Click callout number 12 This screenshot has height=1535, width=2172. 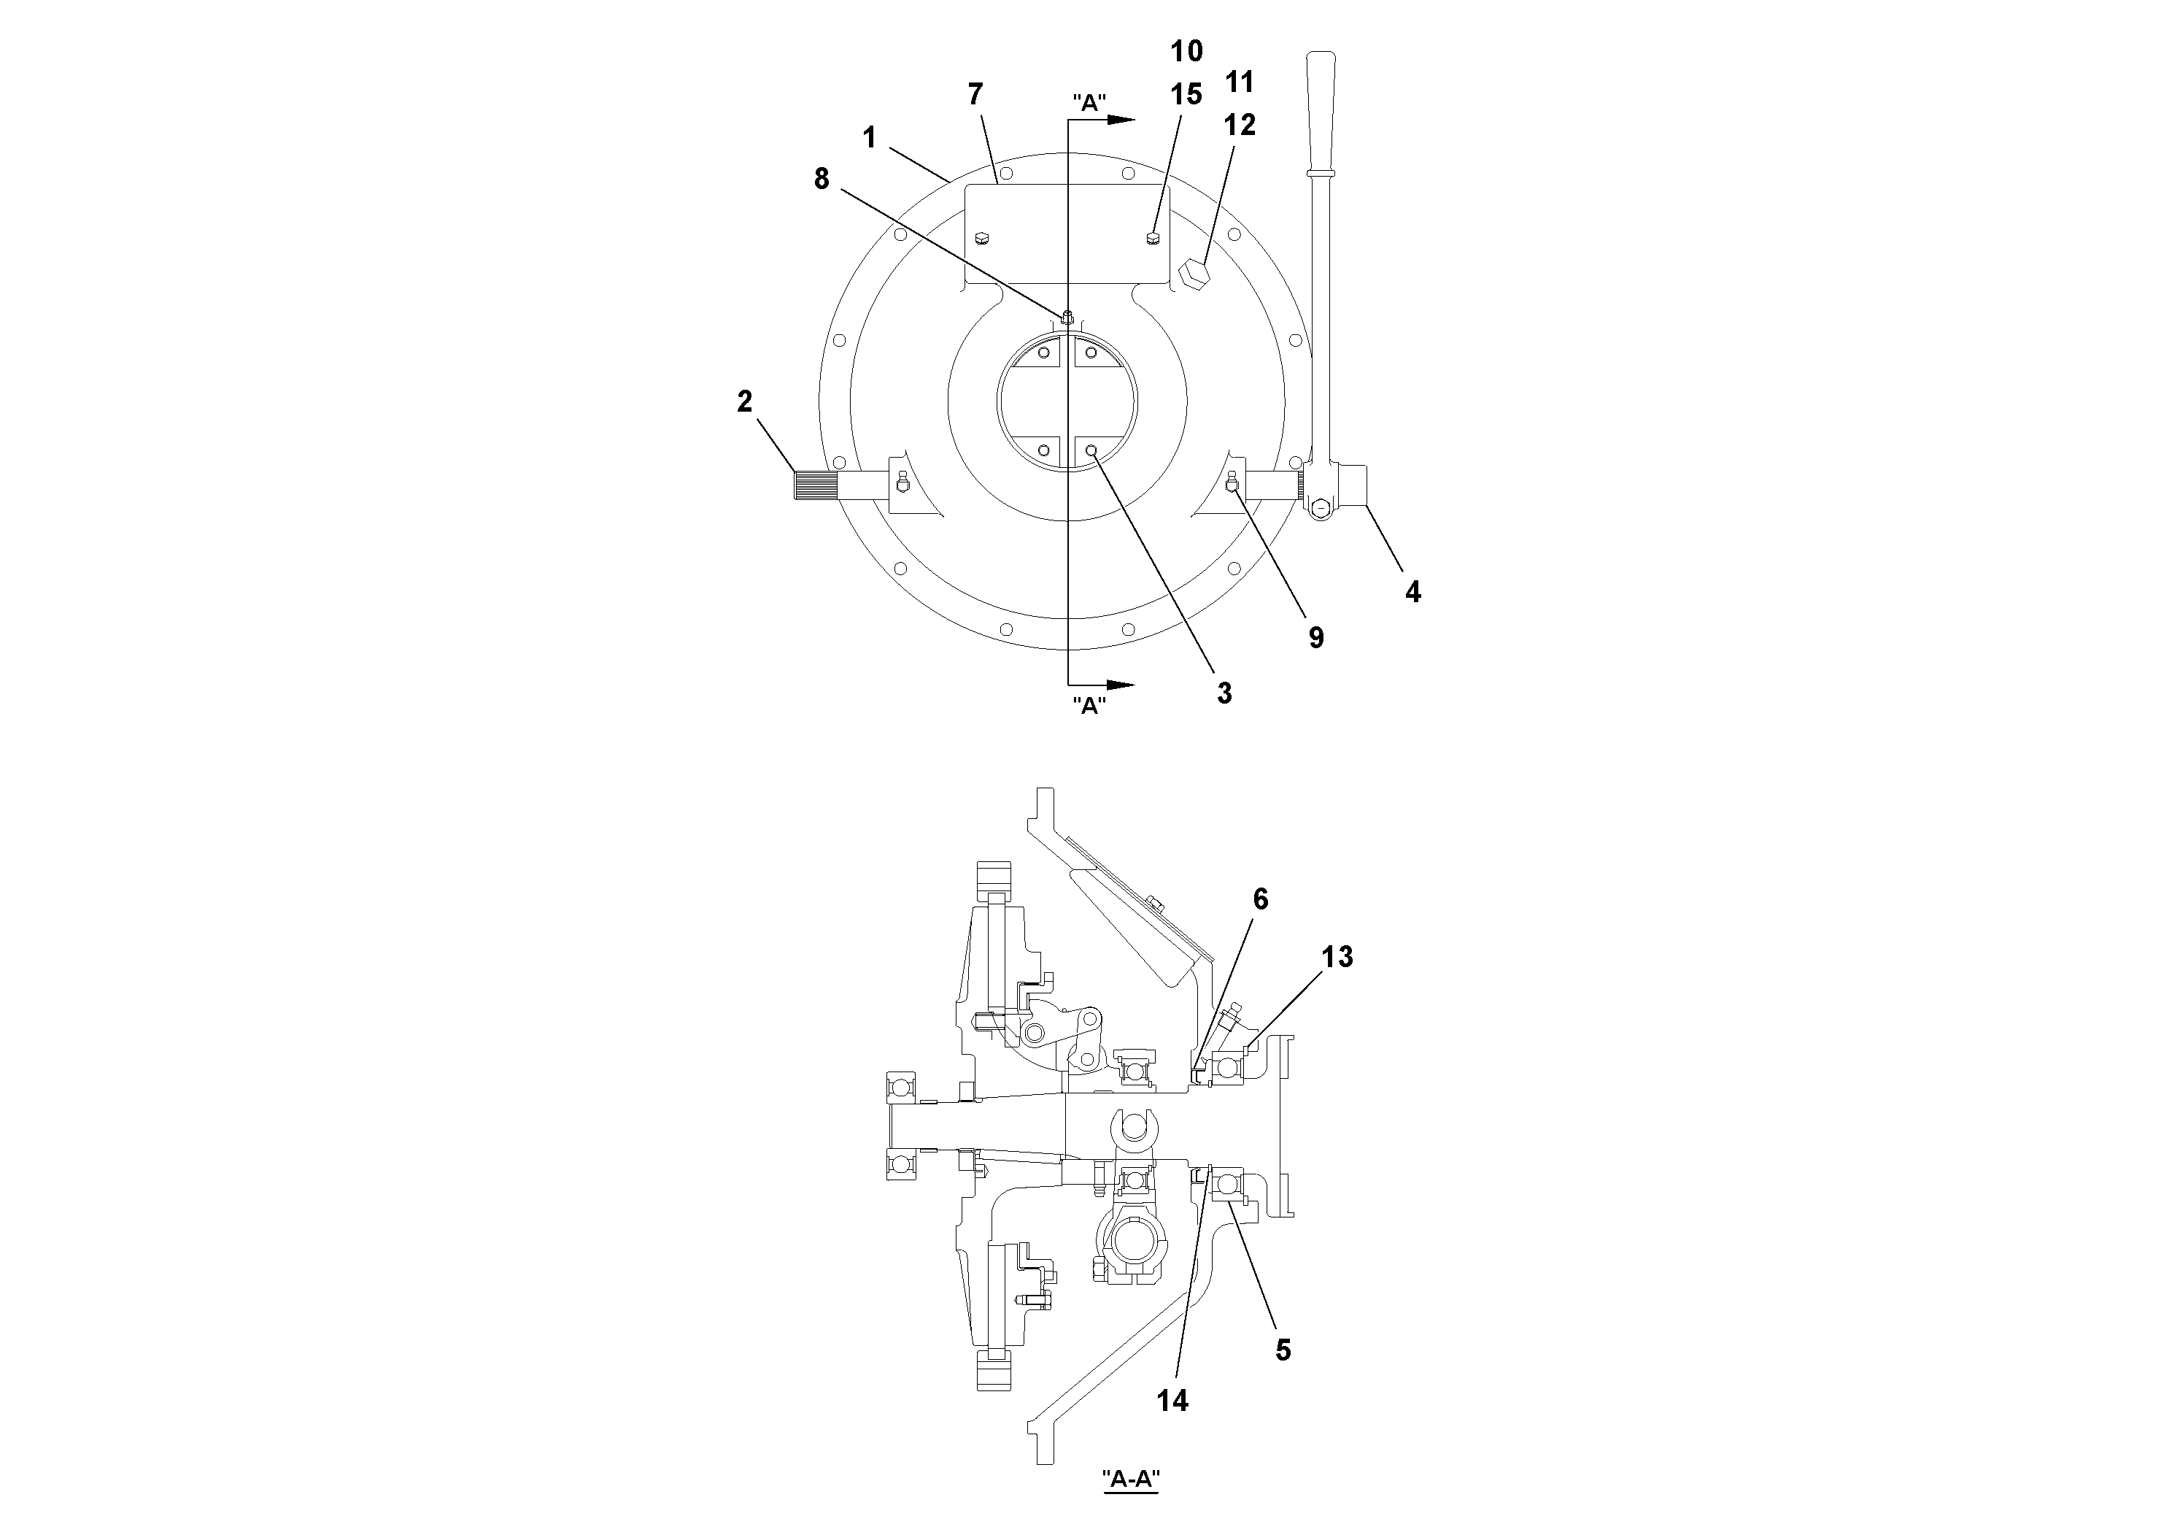click(x=1240, y=125)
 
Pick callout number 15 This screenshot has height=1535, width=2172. click(x=1186, y=95)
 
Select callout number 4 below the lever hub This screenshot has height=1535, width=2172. click(x=1412, y=593)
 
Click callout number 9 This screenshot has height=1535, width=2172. click(x=1316, y=638)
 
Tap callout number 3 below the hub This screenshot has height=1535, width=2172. click(x=1224, y=693)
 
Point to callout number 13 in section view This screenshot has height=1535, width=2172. click(x=1337, y=957)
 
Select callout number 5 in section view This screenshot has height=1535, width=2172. click(x=1283, y=1350)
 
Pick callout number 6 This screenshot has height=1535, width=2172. click(x=1260, y=899)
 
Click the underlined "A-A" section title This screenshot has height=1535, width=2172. click(x=1130, y=1480)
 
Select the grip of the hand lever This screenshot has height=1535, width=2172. click(x=1320, y=104)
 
